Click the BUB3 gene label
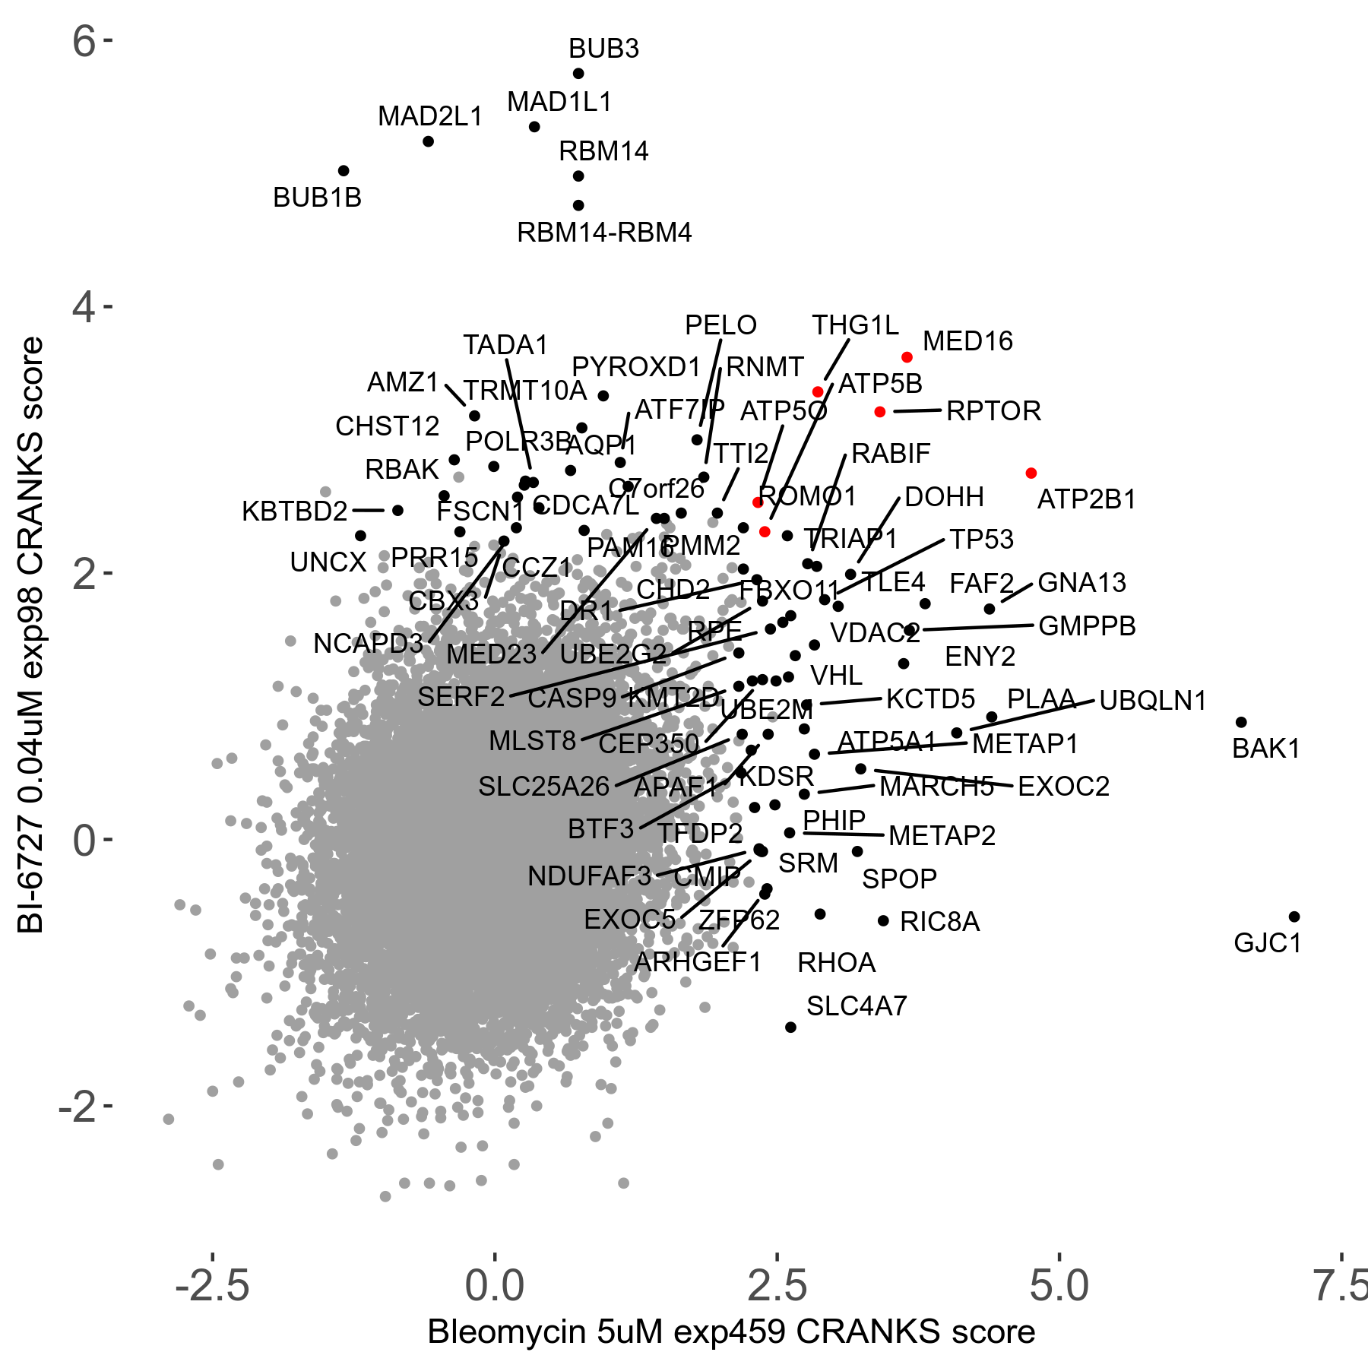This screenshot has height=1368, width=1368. (603, 49)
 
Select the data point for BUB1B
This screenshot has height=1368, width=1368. (344, 171)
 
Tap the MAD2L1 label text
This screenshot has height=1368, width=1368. (430, 116)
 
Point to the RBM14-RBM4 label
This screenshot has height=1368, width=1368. (604, 233)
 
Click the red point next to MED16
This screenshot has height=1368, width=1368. (907, 357)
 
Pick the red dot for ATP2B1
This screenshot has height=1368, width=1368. (1031, 473)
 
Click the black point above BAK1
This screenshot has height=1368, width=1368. (1241, 722)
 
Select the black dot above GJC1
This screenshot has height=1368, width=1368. (1294, 917)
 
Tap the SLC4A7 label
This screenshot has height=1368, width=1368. (857, 1006)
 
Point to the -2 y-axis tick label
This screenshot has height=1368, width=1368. (78, 1107)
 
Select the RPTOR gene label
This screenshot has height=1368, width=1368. (993, 411)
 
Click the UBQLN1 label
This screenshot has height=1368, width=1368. (1153, 701)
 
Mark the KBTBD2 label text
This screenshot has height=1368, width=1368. (295, 511)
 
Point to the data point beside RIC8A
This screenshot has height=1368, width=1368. (883, 920)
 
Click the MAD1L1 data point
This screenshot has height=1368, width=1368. (534, 127)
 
